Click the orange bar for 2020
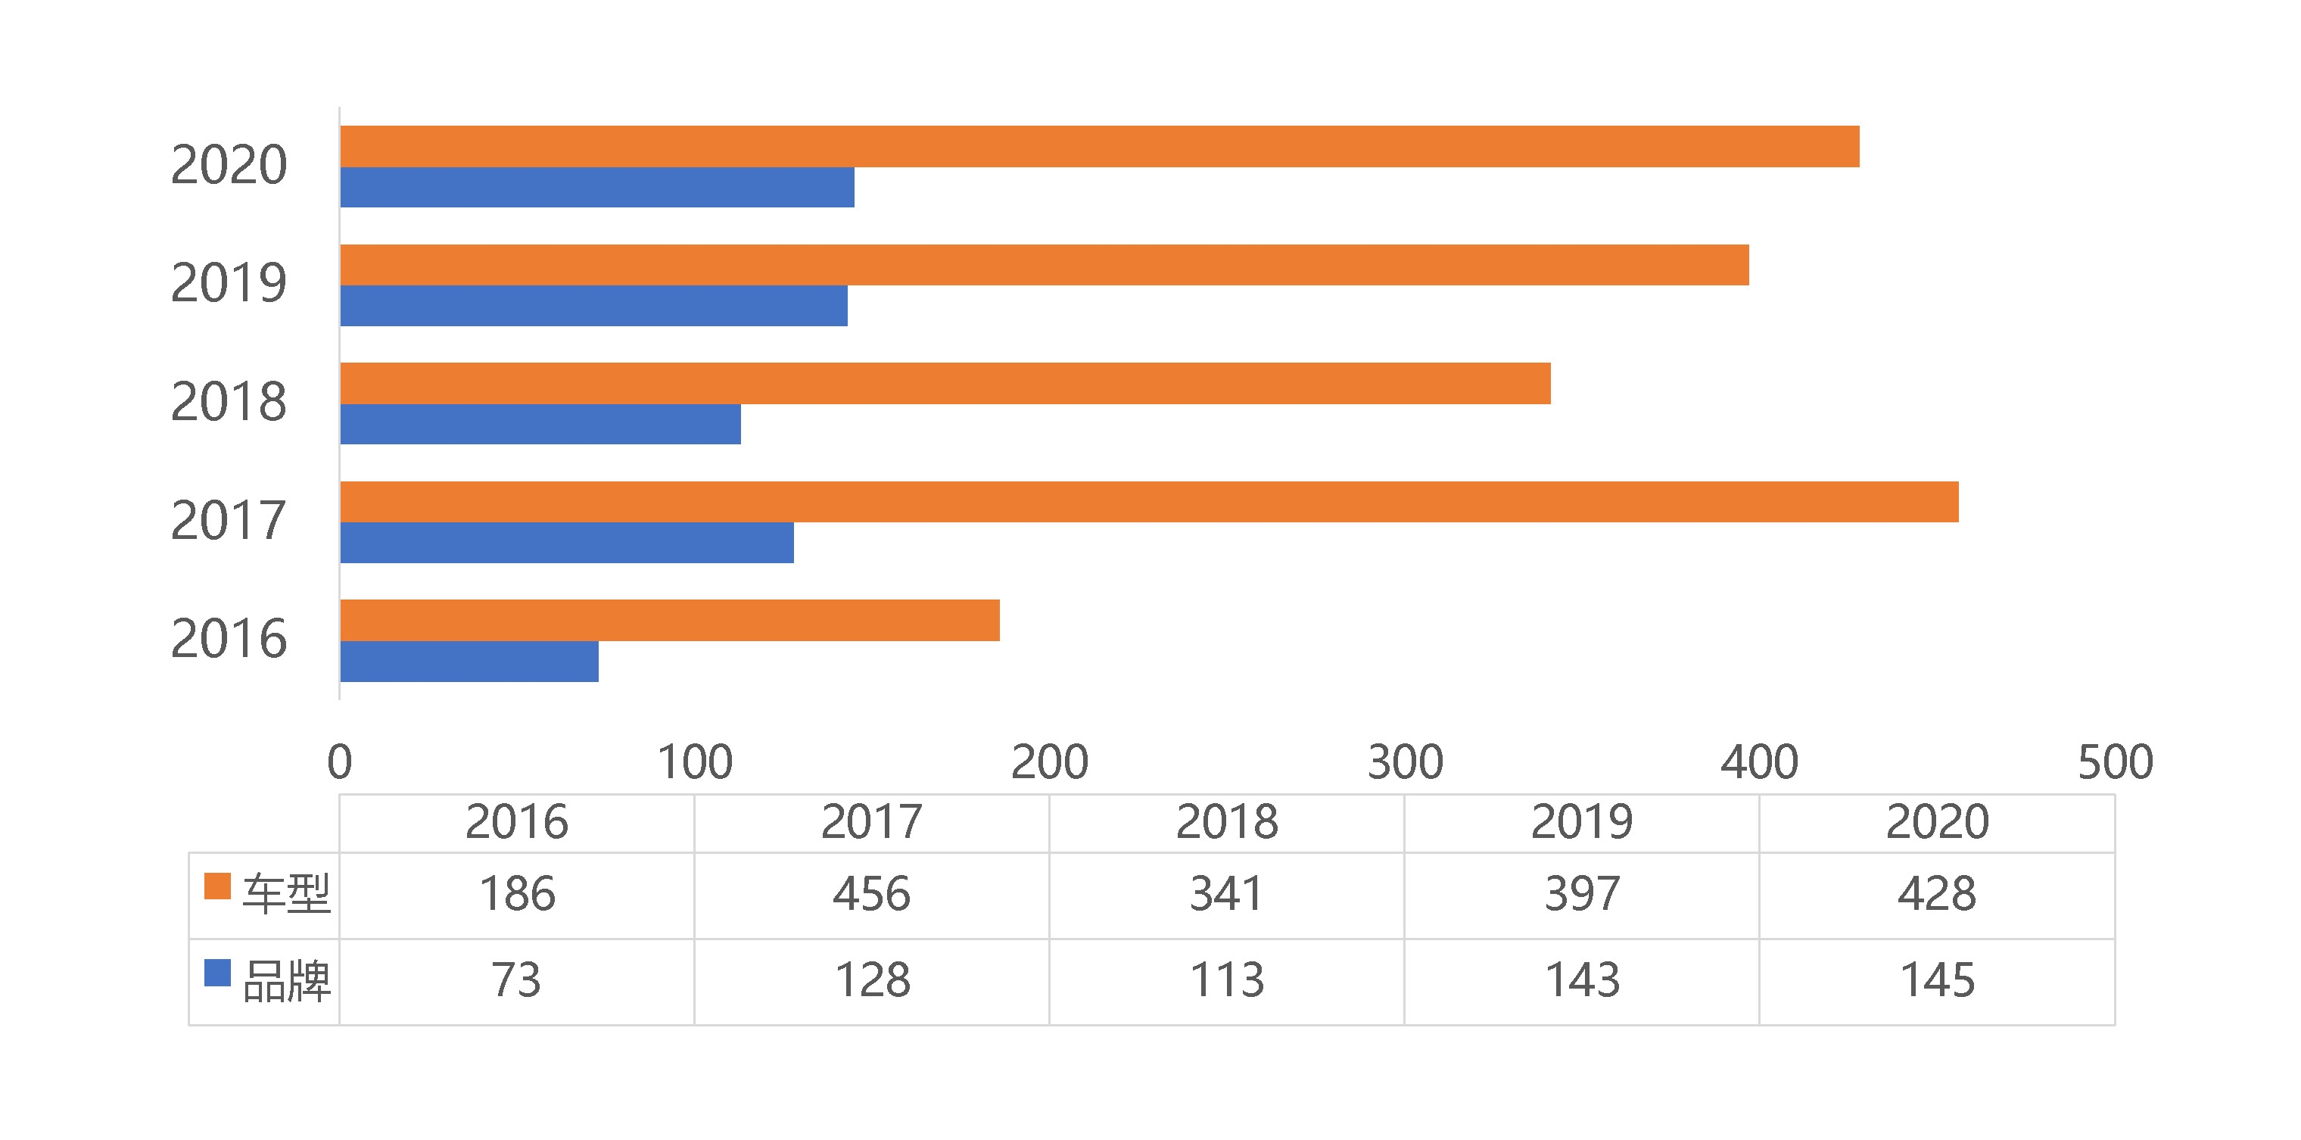click(x=1099, y=147)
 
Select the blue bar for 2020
click(x=596, y=188)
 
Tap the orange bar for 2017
click(x=1149, y=502)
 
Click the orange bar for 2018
click(x=945, y=383)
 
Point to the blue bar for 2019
click(x=593, y=306)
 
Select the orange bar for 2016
click(x=669, y=620)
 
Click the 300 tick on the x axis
click(x=1405, y=762)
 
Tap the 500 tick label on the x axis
click(x=2116, y=762)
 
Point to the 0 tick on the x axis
click(x=339, y=762)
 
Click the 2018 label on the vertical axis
click(x=229, y=401)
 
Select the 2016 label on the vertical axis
click(x=229, y=639)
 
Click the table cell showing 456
click(x=872, y=894)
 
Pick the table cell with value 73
click(x=516, y=980)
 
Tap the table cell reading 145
click(x=1937, y=980)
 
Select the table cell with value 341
click(x=1226, y=894)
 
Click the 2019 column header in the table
click(x=1582, y=822)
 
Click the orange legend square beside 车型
click(x=217, y=887)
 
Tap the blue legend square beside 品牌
click(x=217, y=973)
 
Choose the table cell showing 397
click(x=1582, y=894)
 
